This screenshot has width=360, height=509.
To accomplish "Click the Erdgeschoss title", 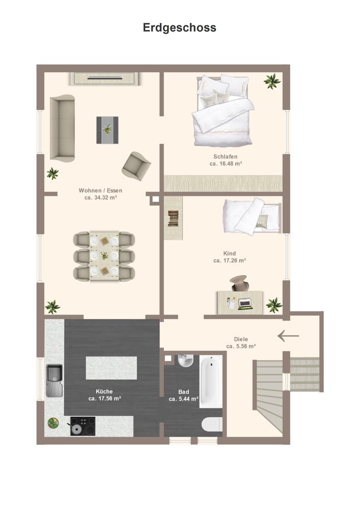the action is tap(180, 28).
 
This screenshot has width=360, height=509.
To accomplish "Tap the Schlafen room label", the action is tap(225, 156).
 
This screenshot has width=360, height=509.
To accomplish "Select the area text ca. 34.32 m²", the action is tap(101, 197).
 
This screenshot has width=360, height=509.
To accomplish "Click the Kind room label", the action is tap(230, 253).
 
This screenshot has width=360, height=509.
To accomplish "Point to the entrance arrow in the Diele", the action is tap(288, 336).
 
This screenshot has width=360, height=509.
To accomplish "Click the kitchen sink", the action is tap(54, 380).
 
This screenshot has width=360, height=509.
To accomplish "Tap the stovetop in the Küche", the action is tap(83, 426).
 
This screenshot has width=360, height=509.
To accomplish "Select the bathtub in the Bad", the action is tap(211, 381).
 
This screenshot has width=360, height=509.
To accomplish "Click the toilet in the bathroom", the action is tap(212, 425).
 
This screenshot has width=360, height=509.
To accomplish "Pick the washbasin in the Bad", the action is tap(186, 360).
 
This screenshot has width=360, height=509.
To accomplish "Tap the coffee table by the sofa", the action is tap(107, 130).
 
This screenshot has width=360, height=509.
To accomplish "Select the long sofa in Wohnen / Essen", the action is tap(62, 128).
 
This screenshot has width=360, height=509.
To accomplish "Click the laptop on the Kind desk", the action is tap(245, 304).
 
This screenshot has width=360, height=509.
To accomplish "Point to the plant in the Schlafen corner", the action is tap(272, 81).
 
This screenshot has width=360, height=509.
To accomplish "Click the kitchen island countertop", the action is tap(112, 368).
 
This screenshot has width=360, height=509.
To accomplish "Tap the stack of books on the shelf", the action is tap(173, 218).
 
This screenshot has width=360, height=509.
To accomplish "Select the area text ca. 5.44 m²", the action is tap(183, 399).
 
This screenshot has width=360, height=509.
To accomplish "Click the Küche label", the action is tap(104, 391).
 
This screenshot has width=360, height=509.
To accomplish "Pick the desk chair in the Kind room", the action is tap(239, 283).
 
